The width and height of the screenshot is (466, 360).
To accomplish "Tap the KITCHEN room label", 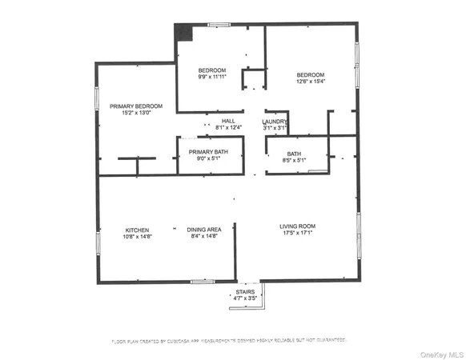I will [x=137, y=230].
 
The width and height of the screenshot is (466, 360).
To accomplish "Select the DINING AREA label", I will [x=204, y=230].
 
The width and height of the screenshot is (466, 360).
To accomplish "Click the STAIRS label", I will [x=245, y=292].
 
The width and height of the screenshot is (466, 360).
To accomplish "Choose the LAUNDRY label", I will [x=275, y=121].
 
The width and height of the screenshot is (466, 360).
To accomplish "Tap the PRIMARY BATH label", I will [x=208, y=152].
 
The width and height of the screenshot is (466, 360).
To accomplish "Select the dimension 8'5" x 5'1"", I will [x=295, y=159].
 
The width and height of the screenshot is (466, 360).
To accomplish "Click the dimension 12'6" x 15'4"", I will [x=311, y=81].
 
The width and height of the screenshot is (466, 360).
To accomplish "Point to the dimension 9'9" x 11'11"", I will [x=212, y=78].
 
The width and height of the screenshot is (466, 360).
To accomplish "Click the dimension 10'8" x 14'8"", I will [x=137, y=237].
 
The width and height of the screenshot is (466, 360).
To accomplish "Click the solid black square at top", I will [x=184, y=32].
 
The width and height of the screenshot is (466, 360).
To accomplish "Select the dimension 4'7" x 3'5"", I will [x=245, y=299].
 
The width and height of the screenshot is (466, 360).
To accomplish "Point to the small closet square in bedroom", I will [x=254, y=79].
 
